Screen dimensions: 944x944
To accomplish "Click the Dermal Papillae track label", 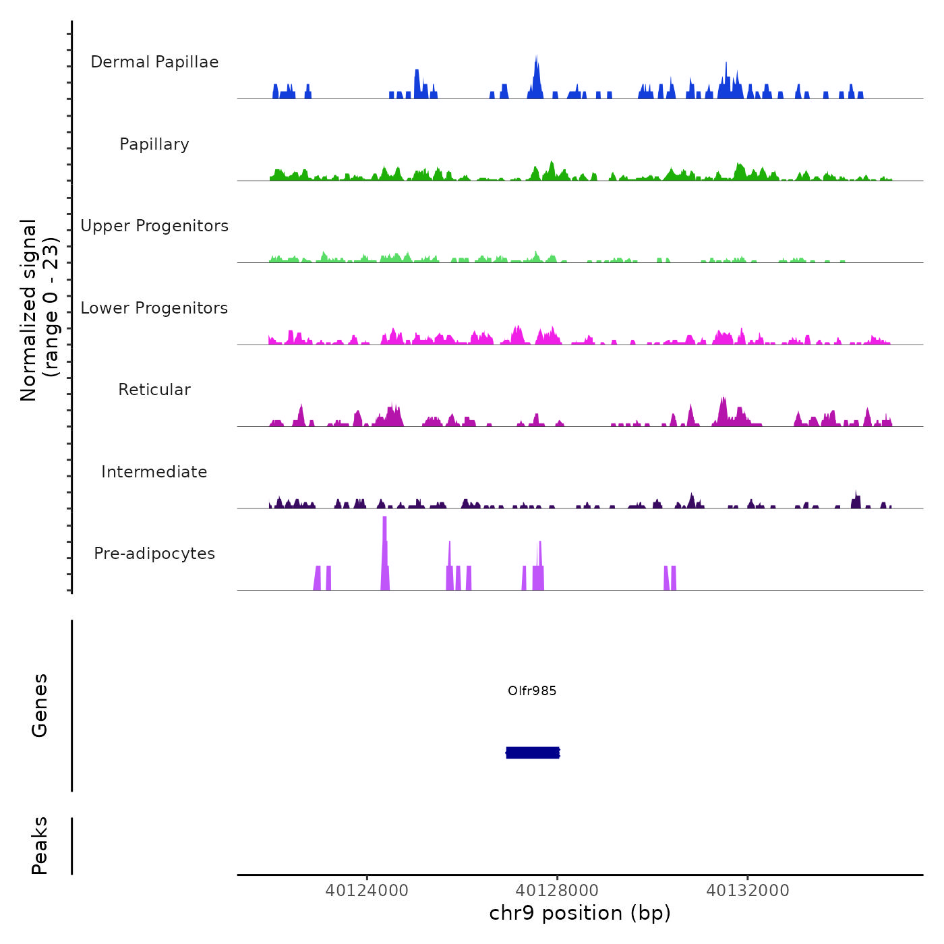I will tap(154, 62).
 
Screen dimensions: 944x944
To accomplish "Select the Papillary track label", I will tap(154, 144).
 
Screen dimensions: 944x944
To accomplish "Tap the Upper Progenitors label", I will tap(154, 226).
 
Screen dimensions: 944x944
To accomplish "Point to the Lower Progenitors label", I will tap(154, 308).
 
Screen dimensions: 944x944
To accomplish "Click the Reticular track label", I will tap(154, 390).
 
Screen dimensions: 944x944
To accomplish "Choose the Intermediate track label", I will tap(154, 472).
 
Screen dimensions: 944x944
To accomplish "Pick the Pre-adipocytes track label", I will tap(154, 554).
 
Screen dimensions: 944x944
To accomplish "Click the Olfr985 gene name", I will tap(532, 690).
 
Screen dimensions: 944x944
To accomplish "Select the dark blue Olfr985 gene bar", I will tap(533, 753).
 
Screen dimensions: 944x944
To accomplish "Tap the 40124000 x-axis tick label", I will tap(367, 890).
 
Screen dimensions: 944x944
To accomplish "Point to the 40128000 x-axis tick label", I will tap(558, 890).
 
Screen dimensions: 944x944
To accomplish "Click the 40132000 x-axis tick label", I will tap(748, 890).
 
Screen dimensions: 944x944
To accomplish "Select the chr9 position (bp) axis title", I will tap(580, 913).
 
